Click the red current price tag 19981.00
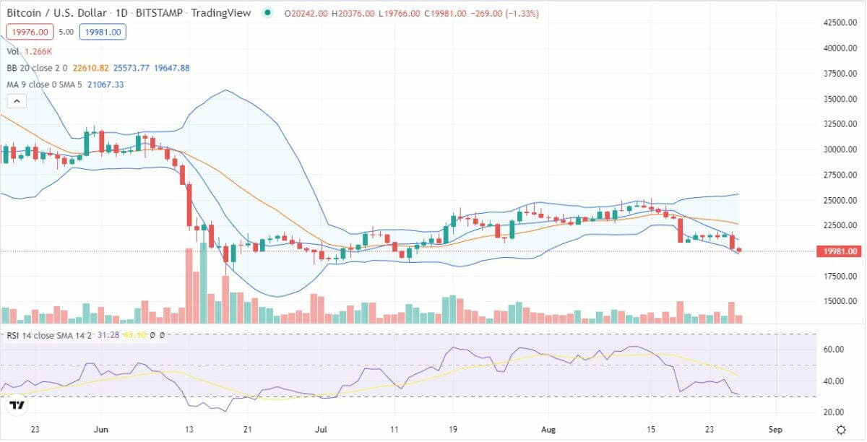tap(838, 251)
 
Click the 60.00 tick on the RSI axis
tap(834, 350)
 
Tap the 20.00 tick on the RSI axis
tap(834, 412)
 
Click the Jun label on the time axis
tap(101, 429)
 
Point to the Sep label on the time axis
tap(775, 429)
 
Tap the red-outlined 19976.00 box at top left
tap(29, 32)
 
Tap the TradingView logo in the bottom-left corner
tap(17, 405)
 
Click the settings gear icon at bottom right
tap(841, 429)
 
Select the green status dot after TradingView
tap(268, 13)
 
